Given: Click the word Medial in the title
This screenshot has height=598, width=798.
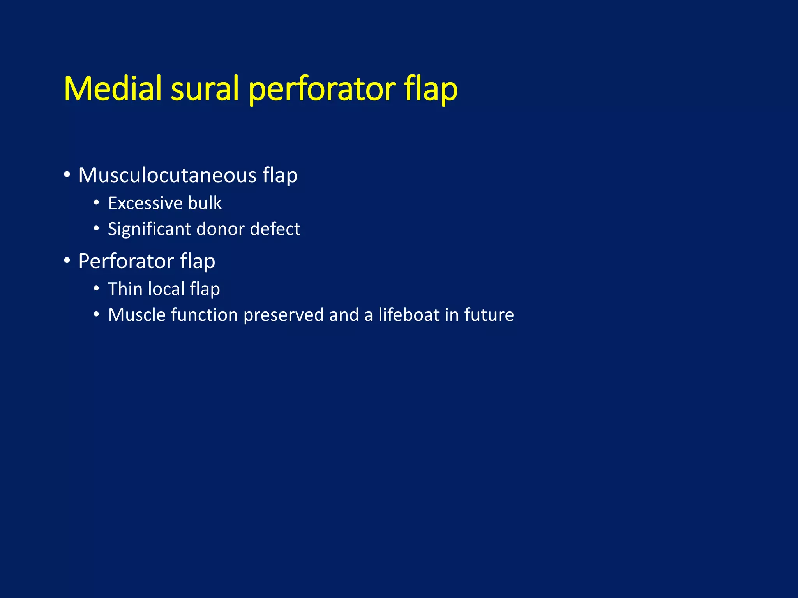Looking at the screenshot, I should click(x=112, y=89).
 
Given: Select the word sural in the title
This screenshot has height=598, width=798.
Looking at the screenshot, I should click(x=205, y=89).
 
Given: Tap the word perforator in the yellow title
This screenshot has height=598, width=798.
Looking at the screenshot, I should click(x=322, y=89).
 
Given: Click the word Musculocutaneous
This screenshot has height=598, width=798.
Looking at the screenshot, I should click(x=167, y=175).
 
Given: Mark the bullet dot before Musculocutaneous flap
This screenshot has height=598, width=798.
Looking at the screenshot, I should click(x=67, y=175).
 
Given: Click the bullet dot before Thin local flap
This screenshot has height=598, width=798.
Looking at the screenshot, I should click(x=96, y=288).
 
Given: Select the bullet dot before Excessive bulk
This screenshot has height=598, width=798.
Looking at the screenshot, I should click(x=96, y=203).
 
